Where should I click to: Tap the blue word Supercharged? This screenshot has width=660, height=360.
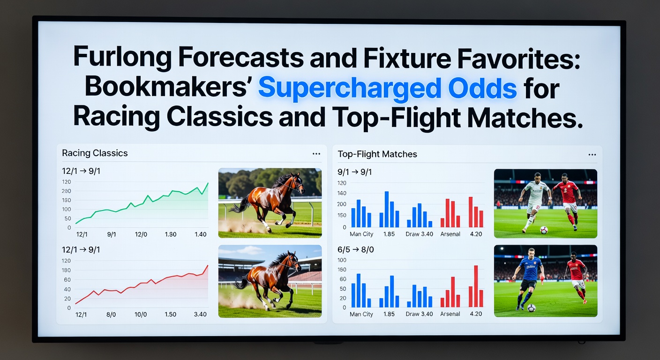[349, 89]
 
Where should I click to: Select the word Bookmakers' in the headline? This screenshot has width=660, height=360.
[166, 88]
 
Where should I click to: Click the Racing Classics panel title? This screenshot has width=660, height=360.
[95, 153]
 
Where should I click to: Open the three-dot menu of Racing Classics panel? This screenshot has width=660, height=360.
[316, 154]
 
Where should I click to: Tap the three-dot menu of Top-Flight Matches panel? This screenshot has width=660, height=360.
[592, 155]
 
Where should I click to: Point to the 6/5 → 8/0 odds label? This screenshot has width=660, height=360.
[356, 250]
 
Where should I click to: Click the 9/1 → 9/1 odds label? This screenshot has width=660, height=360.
[354, 172]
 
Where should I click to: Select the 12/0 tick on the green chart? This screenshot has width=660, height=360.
[141, 234]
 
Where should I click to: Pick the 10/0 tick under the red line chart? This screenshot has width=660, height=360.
[141, 315]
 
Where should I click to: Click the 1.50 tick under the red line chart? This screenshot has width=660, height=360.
[170, 315]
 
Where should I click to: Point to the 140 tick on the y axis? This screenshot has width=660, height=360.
[342, 193]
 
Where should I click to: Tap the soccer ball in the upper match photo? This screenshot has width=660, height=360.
[544, 230]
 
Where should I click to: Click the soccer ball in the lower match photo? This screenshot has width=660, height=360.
[531, 308]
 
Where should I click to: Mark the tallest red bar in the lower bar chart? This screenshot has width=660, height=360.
[476, 286]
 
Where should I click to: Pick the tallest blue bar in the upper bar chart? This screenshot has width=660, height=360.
[387, 209]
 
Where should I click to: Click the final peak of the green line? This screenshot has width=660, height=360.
[208, 183]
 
